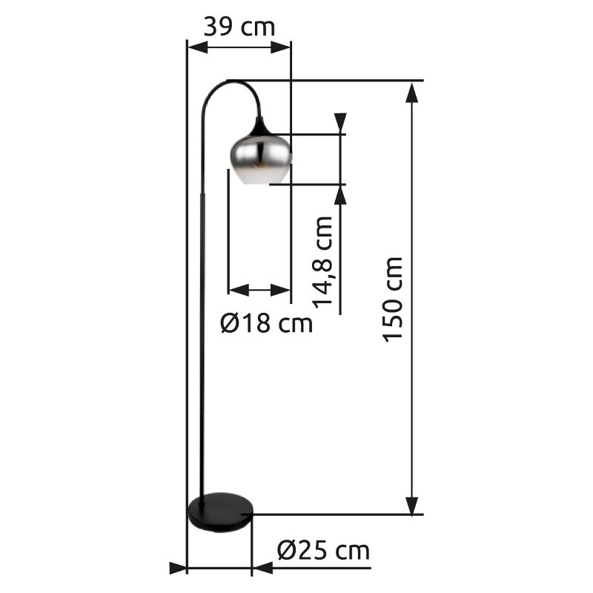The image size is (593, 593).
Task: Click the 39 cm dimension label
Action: click(239, 27)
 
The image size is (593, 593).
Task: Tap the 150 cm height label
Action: click(393, 299)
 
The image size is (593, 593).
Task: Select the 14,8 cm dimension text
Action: click(323, 262)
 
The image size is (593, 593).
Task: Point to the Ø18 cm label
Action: click(267, 323)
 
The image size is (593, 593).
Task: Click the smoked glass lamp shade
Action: click(259, 157)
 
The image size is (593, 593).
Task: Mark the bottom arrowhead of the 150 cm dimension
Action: click(413, 504)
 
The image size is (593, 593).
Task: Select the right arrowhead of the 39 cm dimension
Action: click(281, 47)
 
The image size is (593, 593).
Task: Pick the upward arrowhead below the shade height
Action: click(340, 194)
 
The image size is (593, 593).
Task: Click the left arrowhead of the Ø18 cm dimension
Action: click(238, 290)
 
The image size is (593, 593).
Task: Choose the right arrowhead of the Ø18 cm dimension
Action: click(280, 290)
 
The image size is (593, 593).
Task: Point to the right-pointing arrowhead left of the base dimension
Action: click(178, 569)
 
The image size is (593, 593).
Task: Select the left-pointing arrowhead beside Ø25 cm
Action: click(262, 569)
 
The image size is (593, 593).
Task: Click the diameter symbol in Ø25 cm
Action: click(288, 551)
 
